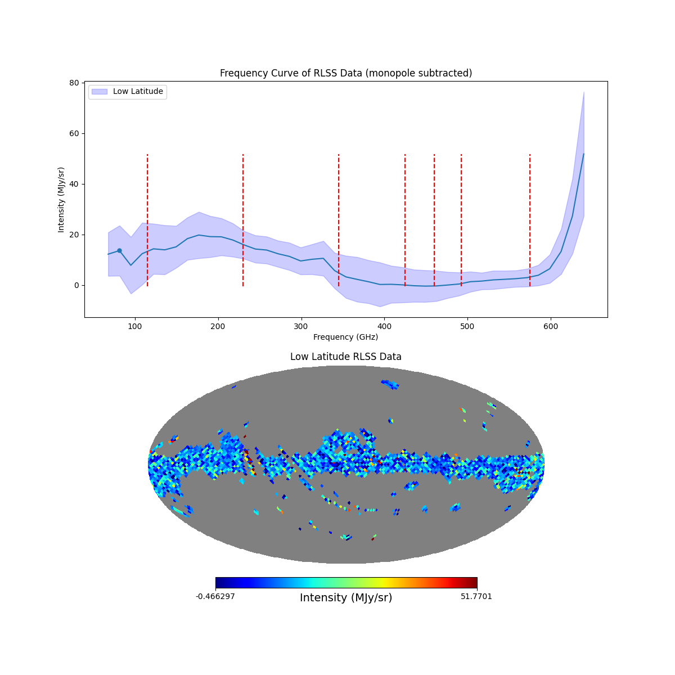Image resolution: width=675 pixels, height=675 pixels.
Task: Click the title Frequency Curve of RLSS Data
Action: [x=345, y=73]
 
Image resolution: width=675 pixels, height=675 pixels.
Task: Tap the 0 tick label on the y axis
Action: [x=76, y=285]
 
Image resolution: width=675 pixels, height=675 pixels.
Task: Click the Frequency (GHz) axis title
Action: [x=345, y=337]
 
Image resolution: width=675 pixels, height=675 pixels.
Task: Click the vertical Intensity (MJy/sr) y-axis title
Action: [x=61, y=200]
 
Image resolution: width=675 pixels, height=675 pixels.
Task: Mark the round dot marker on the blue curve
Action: [x=119, y=250]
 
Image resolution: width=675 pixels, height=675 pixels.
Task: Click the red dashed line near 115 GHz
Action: [x=147, y=219]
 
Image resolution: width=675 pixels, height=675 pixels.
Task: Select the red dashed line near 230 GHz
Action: [x=243, y=219]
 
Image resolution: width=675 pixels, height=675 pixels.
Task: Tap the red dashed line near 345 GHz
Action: [x=339, y=219]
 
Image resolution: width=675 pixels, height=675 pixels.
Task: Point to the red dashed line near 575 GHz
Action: [x=530, y=219]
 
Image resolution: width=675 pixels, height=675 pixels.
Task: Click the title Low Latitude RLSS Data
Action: [x=345, y=357]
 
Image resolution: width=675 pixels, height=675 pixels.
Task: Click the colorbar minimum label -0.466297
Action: [x=215, y=596]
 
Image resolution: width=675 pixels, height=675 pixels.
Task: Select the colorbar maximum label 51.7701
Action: [x=476, y=596]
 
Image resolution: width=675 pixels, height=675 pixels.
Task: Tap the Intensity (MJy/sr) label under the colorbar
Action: [x=345, y=598]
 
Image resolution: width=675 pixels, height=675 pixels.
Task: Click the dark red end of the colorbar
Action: [x=474, y=583]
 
